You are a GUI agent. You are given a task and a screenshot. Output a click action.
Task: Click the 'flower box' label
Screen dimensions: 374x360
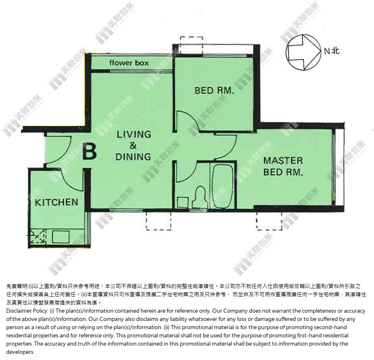(129, 63)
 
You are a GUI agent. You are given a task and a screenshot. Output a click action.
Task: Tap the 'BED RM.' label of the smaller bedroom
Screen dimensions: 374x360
(214, 91)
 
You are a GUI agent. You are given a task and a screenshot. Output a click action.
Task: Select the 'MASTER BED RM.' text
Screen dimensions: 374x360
(283, 166)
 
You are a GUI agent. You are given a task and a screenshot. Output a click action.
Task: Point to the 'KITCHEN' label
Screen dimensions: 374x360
(56, 202)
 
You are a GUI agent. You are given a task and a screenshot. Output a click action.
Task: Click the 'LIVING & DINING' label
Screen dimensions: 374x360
(134, 146)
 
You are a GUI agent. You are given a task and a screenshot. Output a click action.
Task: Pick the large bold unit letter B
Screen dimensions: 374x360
(89, 151)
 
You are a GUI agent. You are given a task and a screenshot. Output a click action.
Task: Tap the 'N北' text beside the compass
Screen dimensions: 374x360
(332, 51)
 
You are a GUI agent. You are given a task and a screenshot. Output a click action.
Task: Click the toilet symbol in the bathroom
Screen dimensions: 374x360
(200, 197)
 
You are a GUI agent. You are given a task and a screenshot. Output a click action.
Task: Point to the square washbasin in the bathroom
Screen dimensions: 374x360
(183, 202)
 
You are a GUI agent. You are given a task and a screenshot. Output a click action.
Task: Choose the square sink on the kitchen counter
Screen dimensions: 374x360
(61, 237)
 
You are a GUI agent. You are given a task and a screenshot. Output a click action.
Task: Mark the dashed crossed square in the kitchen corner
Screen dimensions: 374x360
(37, 236)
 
